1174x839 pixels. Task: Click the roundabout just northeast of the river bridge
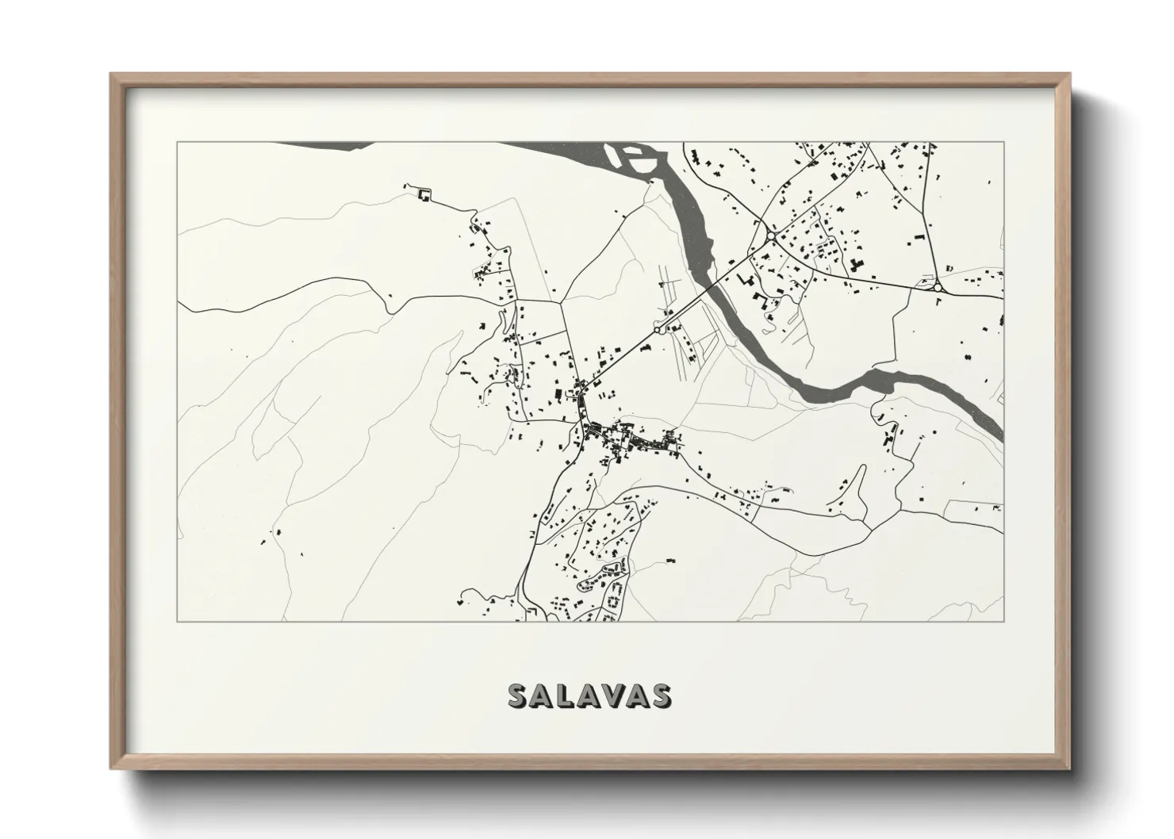tap(770, 236)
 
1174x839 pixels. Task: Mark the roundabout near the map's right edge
tap(938, 288)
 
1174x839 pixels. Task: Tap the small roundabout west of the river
tap(657, 328)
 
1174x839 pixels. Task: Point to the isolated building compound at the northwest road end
tap(424, 194)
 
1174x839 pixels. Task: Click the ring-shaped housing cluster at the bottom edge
tap(612, 602)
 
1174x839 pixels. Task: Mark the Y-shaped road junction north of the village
tap(564, 301)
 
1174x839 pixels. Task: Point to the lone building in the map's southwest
tap(278, 532)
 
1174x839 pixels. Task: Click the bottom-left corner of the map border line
tap(177, 621)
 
